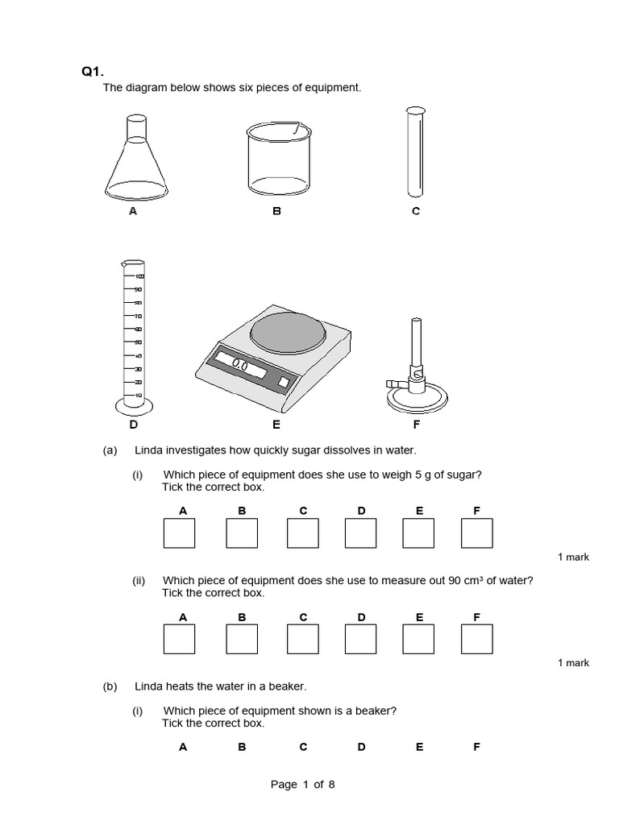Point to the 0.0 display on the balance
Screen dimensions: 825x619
click(241, 365)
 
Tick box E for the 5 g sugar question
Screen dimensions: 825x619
click(418, 533)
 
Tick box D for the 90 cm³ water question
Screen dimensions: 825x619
click(360, 639)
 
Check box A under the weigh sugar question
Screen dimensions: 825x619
click(179, 533)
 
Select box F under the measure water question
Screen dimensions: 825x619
click(476, 639)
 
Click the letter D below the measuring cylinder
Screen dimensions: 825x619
click(133, 424)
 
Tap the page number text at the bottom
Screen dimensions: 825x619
click(302, 785)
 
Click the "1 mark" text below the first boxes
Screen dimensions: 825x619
click(573, 558)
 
